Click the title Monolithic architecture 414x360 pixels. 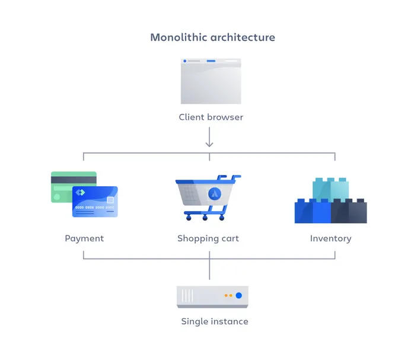point(212,37)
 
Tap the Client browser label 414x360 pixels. point(211,117)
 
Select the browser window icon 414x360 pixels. point(211,81)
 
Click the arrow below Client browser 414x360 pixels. point(209,140)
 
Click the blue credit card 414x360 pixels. point(95,202)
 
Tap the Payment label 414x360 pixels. point(84,238)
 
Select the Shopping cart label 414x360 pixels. point(208,238)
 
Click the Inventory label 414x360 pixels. point(330,238)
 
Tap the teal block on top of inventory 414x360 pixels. point(330,189)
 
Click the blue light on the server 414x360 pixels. point(238,295)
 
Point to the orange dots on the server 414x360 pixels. point(228,295)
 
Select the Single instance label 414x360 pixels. point(215,321)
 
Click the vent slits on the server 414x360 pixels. point(188,295)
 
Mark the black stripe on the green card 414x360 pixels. point(74,180)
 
